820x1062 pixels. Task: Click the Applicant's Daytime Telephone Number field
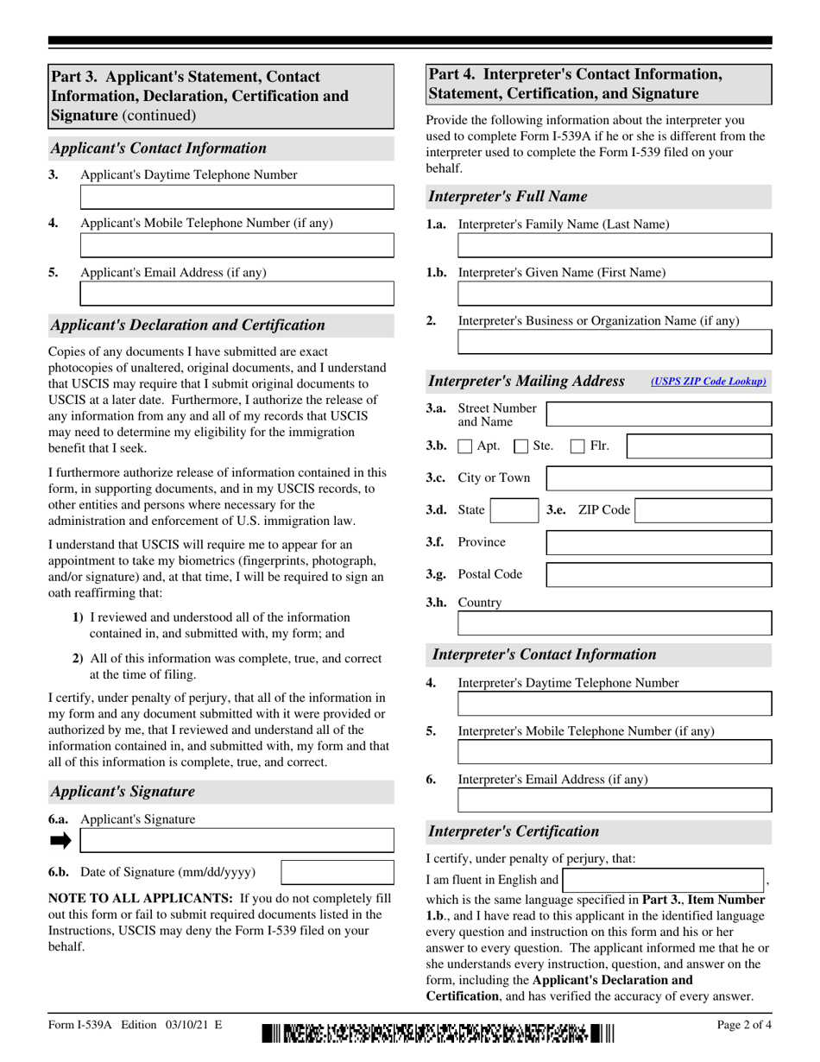237,197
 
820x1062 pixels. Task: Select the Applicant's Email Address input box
237,294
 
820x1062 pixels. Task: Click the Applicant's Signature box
237,840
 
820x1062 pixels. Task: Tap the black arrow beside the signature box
60,840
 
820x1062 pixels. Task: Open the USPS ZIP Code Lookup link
708,381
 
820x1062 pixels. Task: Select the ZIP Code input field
703,510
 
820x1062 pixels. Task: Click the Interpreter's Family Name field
614,246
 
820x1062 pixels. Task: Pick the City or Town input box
659,478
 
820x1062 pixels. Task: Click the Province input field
659,542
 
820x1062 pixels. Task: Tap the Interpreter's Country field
614,624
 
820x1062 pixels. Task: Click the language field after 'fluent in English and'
663,881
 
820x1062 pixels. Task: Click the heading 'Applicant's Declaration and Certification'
188,326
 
